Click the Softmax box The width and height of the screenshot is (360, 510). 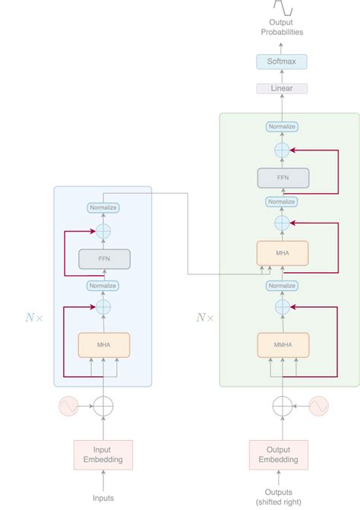(282, 61)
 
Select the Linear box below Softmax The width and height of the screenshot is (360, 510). (282, 88)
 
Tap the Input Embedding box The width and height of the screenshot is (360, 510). (103, 455)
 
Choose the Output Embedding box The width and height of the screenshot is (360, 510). (279, 455)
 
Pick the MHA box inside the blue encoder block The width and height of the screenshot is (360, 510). (103, 346)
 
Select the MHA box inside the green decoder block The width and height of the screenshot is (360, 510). (282, 253)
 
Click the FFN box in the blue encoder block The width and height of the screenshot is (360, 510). (103, 259)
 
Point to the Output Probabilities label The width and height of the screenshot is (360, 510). (282, 27)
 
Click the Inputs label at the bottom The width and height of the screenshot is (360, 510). (103, 498)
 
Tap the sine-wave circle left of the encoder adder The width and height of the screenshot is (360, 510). (68, 407)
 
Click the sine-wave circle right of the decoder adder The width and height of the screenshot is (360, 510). (317, 407)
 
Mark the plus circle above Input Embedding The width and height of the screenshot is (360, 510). (103, 407)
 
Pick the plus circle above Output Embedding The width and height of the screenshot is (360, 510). (282, 407)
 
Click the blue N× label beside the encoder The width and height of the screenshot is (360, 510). (34, 318)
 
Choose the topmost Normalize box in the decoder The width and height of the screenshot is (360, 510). (282, 126)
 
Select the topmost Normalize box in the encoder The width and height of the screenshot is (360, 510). (103, 207)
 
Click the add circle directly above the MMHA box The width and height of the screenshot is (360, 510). (282, 307)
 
